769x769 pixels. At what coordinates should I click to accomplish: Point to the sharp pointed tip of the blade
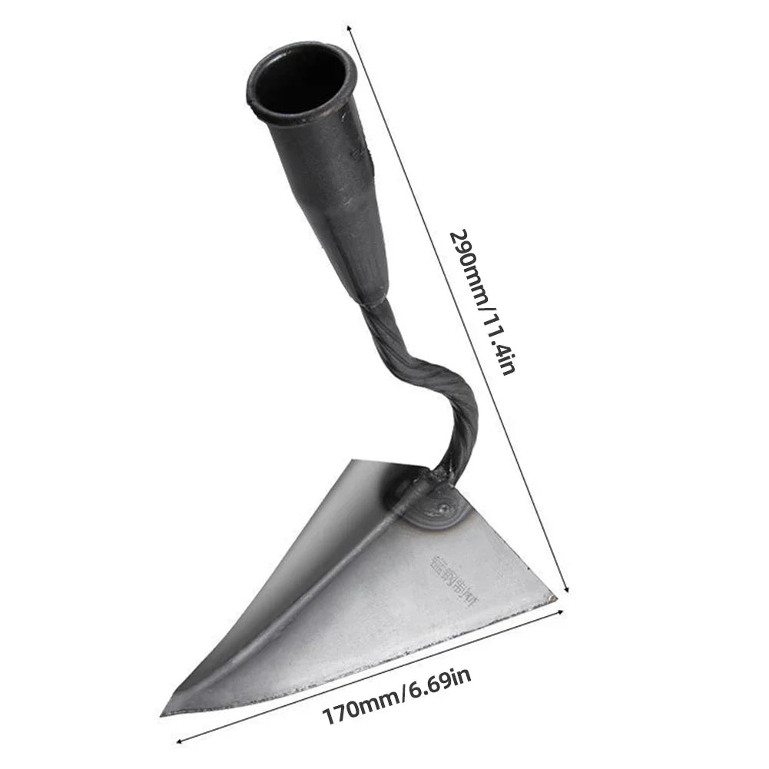[x=164, y=713]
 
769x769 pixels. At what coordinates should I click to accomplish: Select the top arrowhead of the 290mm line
[x=350, y=28]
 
